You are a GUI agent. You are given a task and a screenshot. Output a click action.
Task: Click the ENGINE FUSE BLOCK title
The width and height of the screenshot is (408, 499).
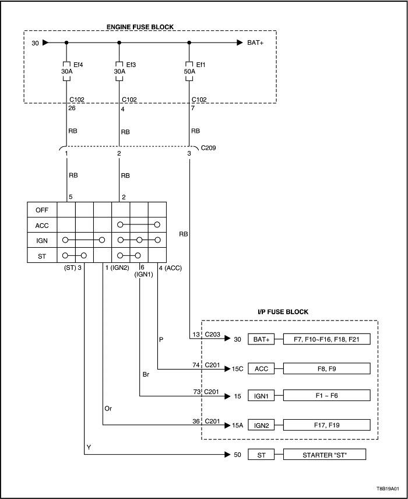point(140,27)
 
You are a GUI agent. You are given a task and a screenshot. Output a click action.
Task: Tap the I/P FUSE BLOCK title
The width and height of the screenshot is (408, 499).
point(283,312)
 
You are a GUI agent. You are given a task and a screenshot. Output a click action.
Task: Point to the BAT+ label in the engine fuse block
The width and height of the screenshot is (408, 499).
point(256,43)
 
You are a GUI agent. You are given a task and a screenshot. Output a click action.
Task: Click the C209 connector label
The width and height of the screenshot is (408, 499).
point(208,148)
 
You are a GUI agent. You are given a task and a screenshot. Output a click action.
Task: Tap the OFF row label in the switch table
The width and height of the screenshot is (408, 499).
point(42,210)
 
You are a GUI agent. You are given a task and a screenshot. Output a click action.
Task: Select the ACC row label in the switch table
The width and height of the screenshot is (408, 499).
point(42,225)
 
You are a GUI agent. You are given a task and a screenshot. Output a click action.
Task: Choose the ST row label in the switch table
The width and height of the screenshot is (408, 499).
point(42,255)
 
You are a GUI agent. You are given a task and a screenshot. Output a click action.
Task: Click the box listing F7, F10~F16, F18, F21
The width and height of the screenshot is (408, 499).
point(326,339)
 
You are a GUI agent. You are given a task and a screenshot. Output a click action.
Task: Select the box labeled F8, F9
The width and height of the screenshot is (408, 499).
point(326,368)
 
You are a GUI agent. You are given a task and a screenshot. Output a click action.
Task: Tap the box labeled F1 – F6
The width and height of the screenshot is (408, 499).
point(326,396)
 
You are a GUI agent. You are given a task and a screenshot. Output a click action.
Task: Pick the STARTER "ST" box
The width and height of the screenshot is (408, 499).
point(326,455)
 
